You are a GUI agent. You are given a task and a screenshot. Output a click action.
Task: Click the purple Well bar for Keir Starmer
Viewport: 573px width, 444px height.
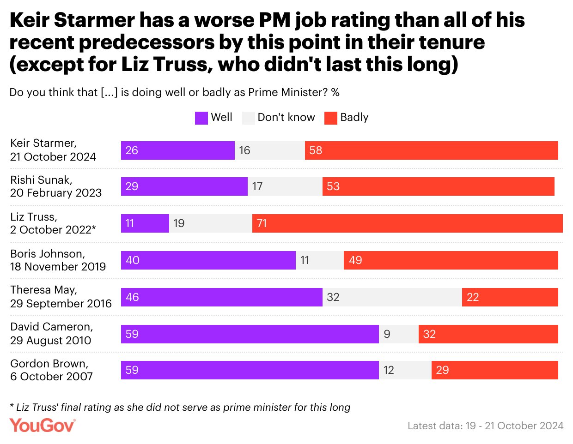[x=178, y=150]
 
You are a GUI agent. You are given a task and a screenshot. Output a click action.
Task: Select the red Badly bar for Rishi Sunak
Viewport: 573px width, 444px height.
[x=438, y=186]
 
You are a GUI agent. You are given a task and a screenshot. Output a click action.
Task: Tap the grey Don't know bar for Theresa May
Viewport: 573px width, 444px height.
[x=392, y=297]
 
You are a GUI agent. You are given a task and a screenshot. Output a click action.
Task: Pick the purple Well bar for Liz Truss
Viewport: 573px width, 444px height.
[x=145, y=223]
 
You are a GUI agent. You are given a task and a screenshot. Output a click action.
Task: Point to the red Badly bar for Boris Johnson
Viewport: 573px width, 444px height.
[x=451, y=260]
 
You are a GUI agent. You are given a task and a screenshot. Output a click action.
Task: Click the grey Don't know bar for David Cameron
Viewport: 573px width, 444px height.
[x=399, y=334]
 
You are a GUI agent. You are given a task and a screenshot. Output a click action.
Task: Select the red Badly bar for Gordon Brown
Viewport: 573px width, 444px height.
[x=494, y=370]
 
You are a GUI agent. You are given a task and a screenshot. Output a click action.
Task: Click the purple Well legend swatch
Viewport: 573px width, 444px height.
[x=201, y=118]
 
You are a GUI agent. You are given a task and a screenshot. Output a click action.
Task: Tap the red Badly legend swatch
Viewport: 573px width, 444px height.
[x=331, y=118]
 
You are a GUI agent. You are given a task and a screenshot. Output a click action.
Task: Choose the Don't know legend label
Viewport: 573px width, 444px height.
[x=286, y=117]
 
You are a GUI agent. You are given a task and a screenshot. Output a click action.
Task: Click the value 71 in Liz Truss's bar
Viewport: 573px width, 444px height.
[x=262, y=223]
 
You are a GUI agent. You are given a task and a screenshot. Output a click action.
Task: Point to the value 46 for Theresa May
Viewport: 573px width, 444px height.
[x=132, y=297]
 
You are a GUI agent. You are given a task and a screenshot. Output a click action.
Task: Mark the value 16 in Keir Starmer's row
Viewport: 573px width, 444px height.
[x=244, y=150]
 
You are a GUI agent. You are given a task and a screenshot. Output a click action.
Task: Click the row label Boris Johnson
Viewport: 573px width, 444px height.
[x=48, y=254]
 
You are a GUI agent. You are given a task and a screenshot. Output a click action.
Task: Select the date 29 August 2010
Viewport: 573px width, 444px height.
[x=51, y=341]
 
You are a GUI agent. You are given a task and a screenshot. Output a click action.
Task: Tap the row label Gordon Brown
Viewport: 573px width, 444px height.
[x=49, y=364]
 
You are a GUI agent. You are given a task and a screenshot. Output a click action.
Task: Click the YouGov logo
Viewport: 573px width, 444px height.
[x=42, y=426]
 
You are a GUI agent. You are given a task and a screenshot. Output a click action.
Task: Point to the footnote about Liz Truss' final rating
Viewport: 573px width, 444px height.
[x=180, y=407]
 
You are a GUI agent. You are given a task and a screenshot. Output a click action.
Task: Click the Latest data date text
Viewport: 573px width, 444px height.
[x=485, y=426]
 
